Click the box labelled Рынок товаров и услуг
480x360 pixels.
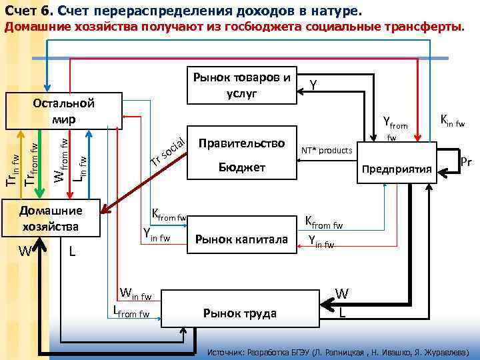[x=241, y=85]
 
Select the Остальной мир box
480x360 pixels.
[x=63, y=111]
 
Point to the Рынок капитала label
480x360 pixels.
[x=241, y=239]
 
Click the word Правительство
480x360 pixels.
[x=241, y=143]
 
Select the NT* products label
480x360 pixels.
[x=326, y=151]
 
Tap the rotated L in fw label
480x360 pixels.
[x=79, y=167]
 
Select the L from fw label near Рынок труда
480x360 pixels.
[x=131, y=310]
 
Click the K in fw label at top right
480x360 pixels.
[x=451, y=121]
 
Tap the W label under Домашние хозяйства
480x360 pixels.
[x=26, y=251]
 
